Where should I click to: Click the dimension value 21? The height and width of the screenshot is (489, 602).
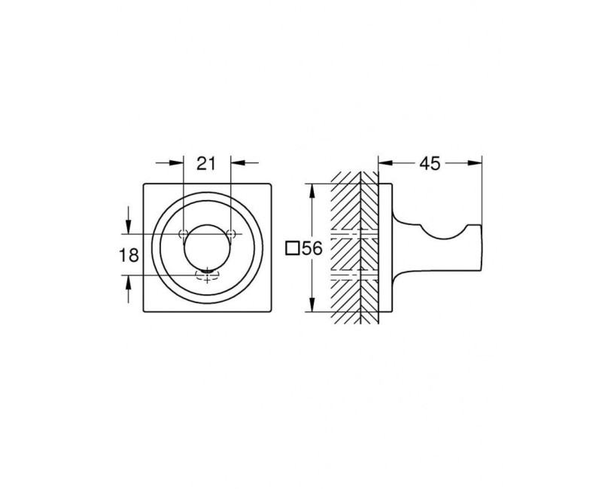206,164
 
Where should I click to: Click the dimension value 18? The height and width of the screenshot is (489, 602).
129,255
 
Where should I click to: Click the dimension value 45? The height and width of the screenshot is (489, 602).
430,164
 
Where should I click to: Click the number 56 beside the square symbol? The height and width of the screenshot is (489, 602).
312,249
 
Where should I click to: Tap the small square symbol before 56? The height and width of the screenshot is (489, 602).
293,248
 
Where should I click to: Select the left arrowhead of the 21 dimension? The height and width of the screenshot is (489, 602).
177,163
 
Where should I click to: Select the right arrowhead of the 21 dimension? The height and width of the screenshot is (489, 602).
237,163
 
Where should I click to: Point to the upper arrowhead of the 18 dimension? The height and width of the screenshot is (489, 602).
129,227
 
